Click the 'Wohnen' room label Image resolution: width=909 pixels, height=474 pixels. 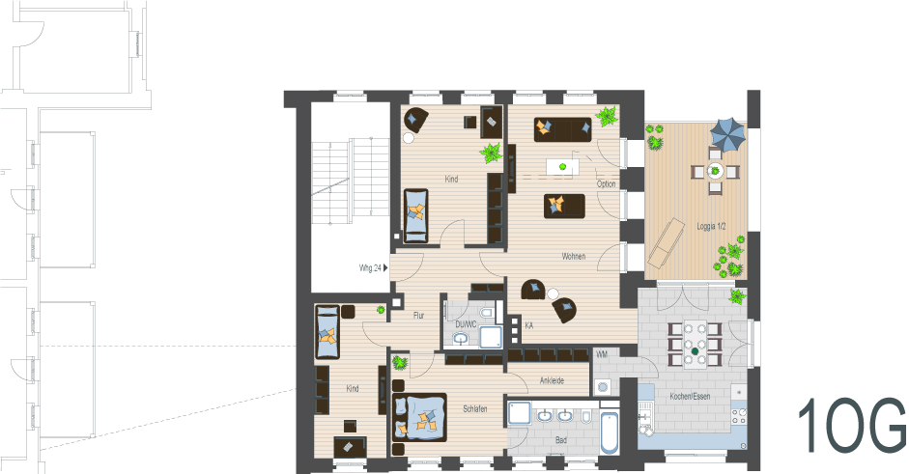pyautogui.click(x=573, y=257)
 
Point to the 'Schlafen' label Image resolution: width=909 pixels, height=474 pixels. pyautogui.click(x=474, y=409)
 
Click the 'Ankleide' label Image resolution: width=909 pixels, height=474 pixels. pyautogui.click(x=553, y=381)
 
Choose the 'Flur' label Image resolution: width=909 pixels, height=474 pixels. pyautogui.click(x=418, y=316)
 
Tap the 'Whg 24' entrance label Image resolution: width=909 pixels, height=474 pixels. pyautogui.click(x=371, y=267)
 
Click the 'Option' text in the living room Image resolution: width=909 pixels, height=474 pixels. pyautogui.click(x=606, y=183)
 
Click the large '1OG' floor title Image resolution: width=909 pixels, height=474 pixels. pyautogui.click(x=851, y=425)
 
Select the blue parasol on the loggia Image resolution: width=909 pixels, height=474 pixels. pyautogui.click(x=728, y=132)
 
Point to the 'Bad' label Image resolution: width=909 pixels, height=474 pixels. pyautogui.click(x=561, y=441)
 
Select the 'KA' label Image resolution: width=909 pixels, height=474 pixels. pyautogui.click(x=528, y=326)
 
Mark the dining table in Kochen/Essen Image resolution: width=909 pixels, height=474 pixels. pyautogui.click(x=694, y=343)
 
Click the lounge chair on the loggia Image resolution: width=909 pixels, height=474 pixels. pyautogui.click(x=666, y=242)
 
